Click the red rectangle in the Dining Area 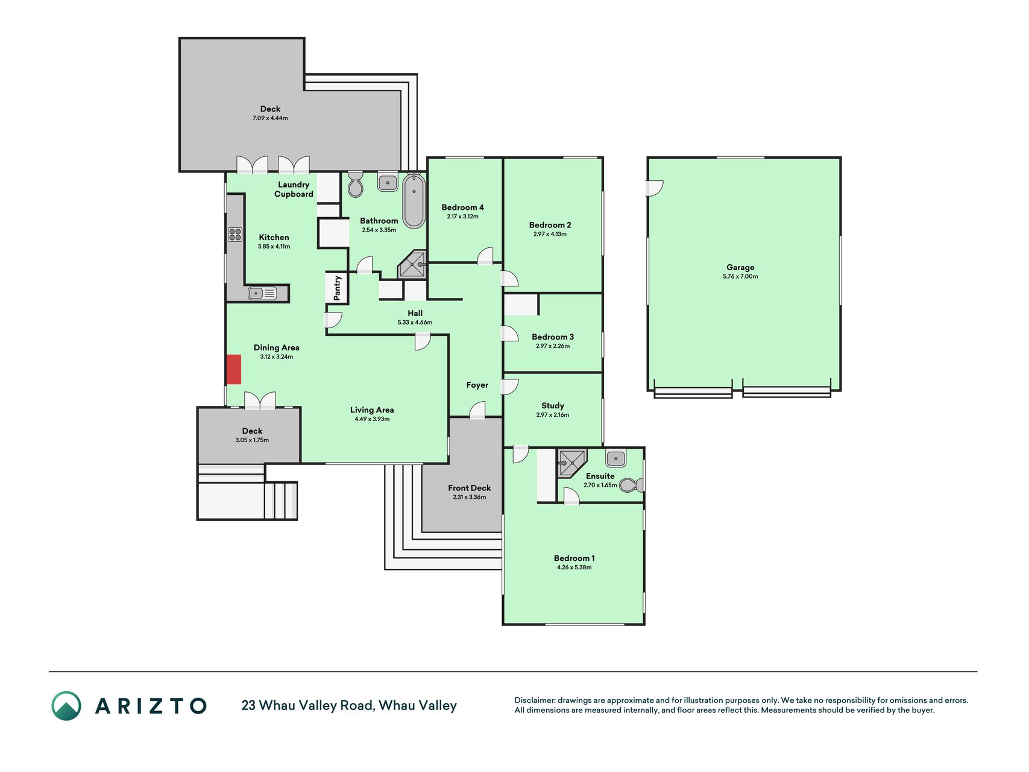[x=234, y=369]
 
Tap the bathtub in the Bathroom [x=414, y=201]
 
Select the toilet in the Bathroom [x=356, y=184]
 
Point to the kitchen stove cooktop [x=235, y=235]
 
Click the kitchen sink [x=262, y=294]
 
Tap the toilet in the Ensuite [x=632, y=484]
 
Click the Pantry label [x=337, y=288]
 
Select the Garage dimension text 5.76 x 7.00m [x=740, y=277]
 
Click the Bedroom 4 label [x=462, y=207]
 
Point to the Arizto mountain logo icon [x=66, y=706]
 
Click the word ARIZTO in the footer [x=151, y=706]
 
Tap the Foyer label [x=477, y=385]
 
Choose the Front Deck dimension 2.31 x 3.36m [x=469, y=498]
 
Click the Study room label [x=553, y=406]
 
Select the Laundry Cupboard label [x=294, y=189]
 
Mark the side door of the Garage [x=655, y=189]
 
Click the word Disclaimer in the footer [x=534, y=700]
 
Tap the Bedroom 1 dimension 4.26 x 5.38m [x=574, y=568]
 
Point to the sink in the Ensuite [x=615, y=458]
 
